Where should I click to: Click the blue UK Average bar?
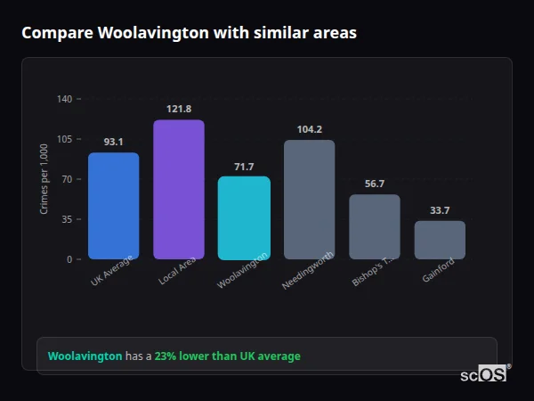point(113,206)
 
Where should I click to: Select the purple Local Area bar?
point(178,190)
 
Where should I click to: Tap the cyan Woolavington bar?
point(244,217)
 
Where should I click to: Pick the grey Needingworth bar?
point(309,199)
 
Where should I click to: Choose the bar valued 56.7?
point(374,226)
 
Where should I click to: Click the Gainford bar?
point(440,240)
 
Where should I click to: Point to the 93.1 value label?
point(113,142)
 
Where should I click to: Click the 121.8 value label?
point(178,109)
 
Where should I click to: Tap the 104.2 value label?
point(309,129)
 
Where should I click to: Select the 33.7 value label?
point(440,210)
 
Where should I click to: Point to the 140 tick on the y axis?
point(64,99)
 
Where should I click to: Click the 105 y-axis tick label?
point(64,139)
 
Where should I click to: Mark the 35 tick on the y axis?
point(67,219)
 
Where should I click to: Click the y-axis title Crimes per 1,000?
point(44,179)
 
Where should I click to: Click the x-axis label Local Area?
point(177,272)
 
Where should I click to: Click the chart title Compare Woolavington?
point(189,33)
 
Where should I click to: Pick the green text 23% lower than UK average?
point(227,356)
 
